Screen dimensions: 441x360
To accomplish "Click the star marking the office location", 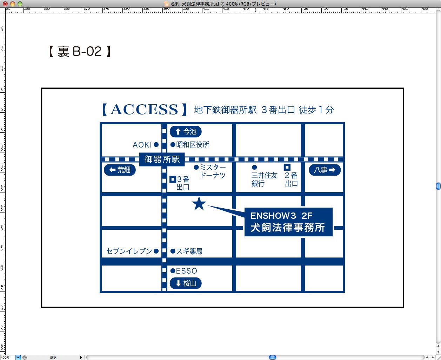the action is click(x=199, y=203).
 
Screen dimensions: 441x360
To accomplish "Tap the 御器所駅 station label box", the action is click(x=162, y=159).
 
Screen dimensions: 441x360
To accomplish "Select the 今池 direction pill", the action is click(x=186, y=132).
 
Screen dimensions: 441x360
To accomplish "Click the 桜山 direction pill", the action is click(x=186, y=283).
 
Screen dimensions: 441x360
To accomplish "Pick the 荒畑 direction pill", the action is click(x=120, y=170).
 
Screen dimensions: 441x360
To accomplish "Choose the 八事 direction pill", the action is click(x=325, y=170).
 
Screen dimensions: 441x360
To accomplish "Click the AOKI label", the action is click(x=142, y=145).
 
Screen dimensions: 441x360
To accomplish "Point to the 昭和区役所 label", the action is click(x=193, y=144).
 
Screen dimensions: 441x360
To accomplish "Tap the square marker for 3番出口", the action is click(x=173, y=179).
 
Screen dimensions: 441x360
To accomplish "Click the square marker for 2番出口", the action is click(x=287, y=167).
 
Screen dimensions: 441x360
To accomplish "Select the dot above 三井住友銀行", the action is click(x=254, y=167).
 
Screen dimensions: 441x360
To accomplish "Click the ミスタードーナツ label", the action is click(x=213, y=171).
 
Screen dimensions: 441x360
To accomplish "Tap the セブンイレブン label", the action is click(x=129, y=251).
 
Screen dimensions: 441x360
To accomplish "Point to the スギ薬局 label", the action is click(x=189, y=251).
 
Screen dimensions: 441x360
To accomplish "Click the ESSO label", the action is click(x=187, y=271).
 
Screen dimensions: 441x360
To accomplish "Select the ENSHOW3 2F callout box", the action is click(x=288, y=222).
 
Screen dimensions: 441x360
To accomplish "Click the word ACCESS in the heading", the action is click(x=144, y=109).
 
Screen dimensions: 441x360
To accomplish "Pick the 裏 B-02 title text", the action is click(x=79, y=52).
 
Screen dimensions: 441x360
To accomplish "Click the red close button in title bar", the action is click(x=5, y=4).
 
